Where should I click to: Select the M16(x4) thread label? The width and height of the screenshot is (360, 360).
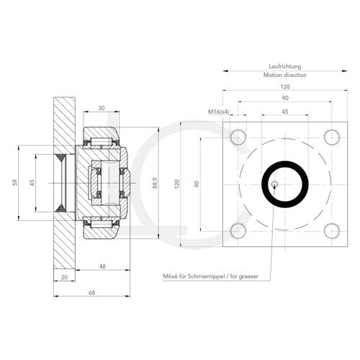(219, 112)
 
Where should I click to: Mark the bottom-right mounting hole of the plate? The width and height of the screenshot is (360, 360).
(330, 230)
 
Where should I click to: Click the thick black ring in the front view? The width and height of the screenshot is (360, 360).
(284, 183)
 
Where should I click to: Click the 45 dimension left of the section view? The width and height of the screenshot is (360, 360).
(32, 183)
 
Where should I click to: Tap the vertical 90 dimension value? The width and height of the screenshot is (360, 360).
(197, 183)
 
